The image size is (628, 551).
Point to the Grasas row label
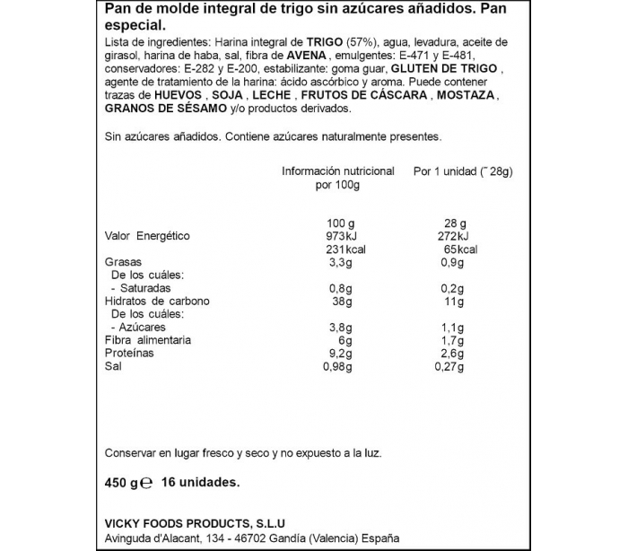pos(122,262)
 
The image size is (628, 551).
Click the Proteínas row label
pos(128,353)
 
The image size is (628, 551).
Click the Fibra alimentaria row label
pos(148,340)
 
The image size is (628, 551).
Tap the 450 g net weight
pos(122,482)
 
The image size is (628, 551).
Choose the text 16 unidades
pos(198,482)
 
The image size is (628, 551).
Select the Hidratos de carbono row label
pos(157,302)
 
